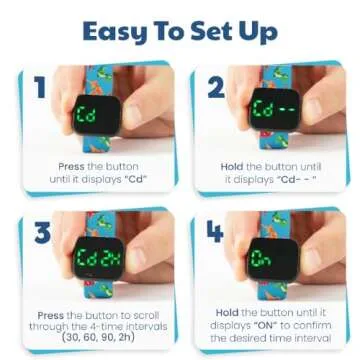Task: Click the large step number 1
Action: tap(40, 88)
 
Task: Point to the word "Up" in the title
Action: tap(258, 32)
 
